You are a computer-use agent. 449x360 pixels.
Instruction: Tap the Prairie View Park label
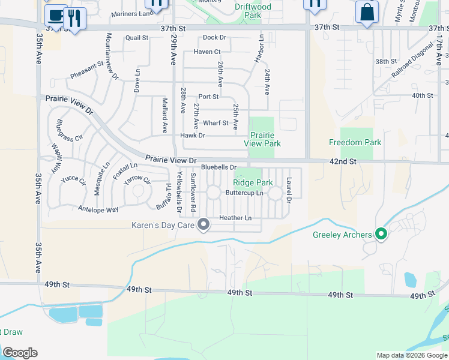[262, 140]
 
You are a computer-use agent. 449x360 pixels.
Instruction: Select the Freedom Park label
[355, 142]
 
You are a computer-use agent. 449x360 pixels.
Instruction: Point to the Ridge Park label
[253, 182]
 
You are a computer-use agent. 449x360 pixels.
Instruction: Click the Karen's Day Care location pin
[203, 225]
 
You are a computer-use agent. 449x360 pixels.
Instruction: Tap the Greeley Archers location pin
[380, 234]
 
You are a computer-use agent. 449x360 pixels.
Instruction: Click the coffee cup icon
[56, 14]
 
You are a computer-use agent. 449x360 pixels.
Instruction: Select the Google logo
[20, 353]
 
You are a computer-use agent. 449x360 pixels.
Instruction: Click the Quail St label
[137, 38]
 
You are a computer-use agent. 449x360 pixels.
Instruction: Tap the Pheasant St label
[87, 71]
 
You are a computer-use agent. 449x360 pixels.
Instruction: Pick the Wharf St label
[216, 123]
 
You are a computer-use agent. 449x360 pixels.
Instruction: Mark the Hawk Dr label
[193, 136]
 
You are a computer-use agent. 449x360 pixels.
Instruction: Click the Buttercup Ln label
[244, 193]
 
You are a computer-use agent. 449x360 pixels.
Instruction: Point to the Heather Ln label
[235, 218]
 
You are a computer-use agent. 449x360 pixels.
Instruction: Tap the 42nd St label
[343, 161]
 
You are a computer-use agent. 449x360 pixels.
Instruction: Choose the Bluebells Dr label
[219, 167]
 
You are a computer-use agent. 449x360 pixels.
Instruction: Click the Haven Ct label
[207, 52]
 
